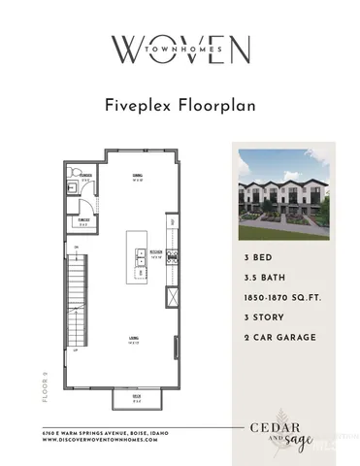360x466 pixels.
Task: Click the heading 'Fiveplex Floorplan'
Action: pos(180,106)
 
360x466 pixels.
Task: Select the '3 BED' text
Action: pos(259,259)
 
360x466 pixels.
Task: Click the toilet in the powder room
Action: pos(73,187)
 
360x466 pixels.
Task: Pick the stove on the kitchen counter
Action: pos(173,257)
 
